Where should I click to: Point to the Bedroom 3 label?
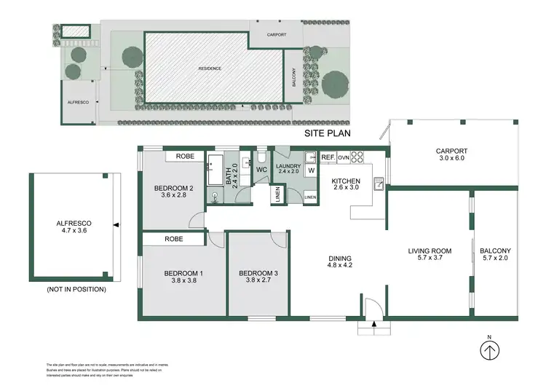pos(258,275)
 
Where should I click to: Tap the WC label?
pos(261,170)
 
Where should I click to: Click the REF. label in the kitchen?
pos(328,157)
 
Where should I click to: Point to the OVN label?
pos(343,157)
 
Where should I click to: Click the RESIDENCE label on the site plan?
pos(210,68)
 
